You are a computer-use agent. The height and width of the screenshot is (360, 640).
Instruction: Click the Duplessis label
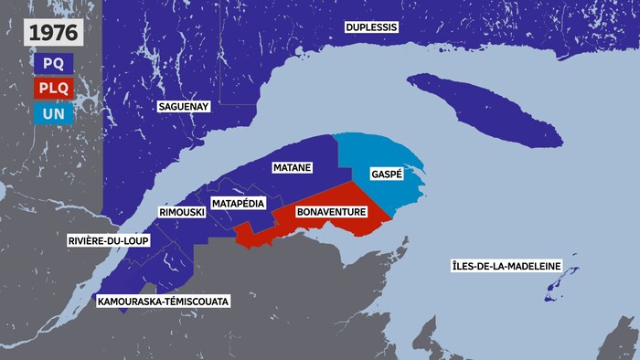click(x=371, y=27)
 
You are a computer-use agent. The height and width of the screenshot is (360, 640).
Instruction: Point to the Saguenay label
click(x=184, y=107)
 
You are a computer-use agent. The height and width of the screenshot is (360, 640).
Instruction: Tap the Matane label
click(x=293, y=168)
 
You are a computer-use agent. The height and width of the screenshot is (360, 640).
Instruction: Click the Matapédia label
click(x=239, y=202)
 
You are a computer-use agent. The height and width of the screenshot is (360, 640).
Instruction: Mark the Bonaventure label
click(x=332, y=212)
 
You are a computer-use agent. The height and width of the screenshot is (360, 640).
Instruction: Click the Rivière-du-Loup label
click(x=108, y=241)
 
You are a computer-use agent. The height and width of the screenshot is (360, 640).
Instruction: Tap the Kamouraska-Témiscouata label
click(x=163, y=300)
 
